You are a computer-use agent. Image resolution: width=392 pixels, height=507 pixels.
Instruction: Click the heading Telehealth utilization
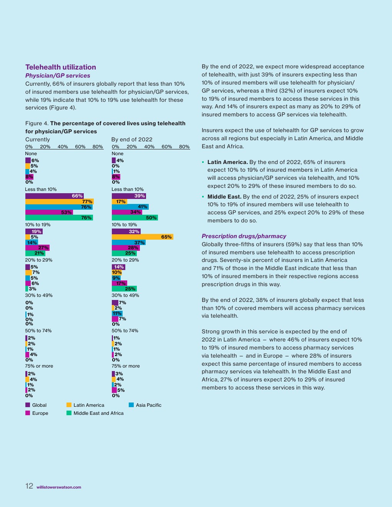(x=61, y=67)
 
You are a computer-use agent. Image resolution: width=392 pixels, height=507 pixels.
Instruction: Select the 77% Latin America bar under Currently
(x=59, y=202)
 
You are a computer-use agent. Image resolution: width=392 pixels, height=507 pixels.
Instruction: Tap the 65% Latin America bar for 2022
(x=142, y=237)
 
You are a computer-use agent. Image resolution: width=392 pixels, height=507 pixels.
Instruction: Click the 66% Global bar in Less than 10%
(x=54, y=196)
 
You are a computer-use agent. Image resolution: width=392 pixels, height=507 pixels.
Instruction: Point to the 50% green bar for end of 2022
(x=135, y=218)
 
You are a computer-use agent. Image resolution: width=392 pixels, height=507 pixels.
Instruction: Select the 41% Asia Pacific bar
(x=130, y=207)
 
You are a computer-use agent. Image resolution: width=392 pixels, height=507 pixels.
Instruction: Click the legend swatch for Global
(x=28, y=405)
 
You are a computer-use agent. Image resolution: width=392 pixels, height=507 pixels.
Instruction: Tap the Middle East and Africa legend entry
(x=98, y=413)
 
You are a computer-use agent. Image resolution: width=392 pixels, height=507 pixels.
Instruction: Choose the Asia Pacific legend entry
(x=148, y=405)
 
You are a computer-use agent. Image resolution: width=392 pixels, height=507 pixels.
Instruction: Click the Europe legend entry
(x=40, y=413)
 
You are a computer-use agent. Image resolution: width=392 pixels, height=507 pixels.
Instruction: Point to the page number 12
(x=29, y=486)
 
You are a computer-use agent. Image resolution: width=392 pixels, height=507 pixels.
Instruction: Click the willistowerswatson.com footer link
(x=59, y=487)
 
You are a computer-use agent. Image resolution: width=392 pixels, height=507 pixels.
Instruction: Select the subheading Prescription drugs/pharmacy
(x=244, y=236)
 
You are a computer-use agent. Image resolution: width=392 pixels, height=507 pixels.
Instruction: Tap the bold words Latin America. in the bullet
(x=228, y=162)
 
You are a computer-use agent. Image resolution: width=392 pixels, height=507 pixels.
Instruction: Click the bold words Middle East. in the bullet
(x=224, y=197)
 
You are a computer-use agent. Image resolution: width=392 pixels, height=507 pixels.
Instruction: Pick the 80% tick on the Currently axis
(x=98, y=147)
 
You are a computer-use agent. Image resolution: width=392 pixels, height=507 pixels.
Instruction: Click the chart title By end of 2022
(x=132, y=139)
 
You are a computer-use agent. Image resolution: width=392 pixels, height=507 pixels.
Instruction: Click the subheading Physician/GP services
(x=58, y=76)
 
